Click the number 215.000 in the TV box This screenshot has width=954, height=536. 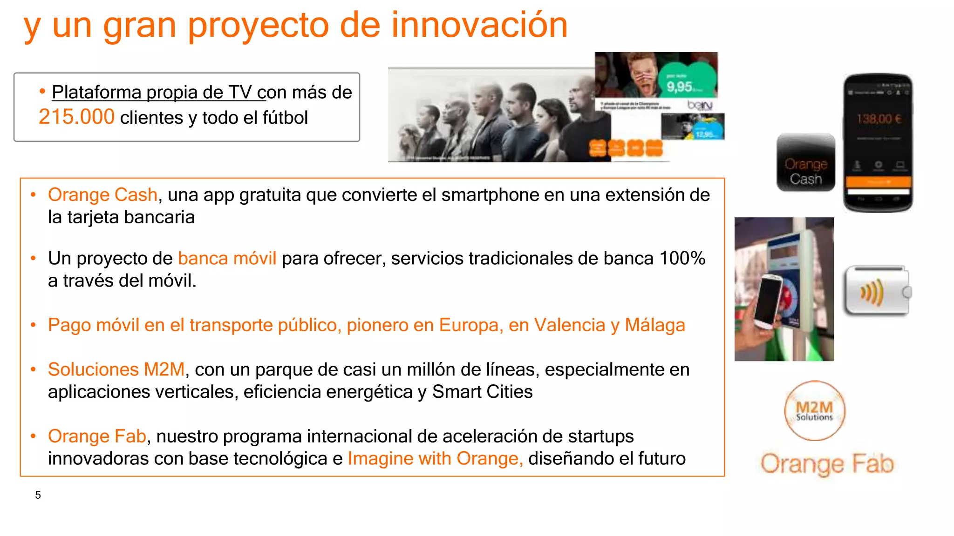point(76,117)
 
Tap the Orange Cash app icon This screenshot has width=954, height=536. point(805,162)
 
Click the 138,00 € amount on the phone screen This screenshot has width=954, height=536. point(879,119)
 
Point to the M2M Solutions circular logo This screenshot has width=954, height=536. point(814,411)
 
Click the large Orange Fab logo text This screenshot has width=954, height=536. point(827,463)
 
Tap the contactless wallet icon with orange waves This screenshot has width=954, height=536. point(875,291)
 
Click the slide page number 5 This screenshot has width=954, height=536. point(38,495)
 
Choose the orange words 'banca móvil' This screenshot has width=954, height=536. point(227,258)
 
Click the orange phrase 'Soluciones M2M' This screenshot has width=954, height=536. point(116,369)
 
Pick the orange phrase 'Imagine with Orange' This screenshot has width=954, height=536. point(434,459)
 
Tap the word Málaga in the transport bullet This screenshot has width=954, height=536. point(654,325)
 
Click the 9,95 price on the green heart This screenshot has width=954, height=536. point(679,87)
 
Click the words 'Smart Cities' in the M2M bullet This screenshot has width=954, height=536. point(482,392)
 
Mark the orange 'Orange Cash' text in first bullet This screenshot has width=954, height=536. point(102,195)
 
